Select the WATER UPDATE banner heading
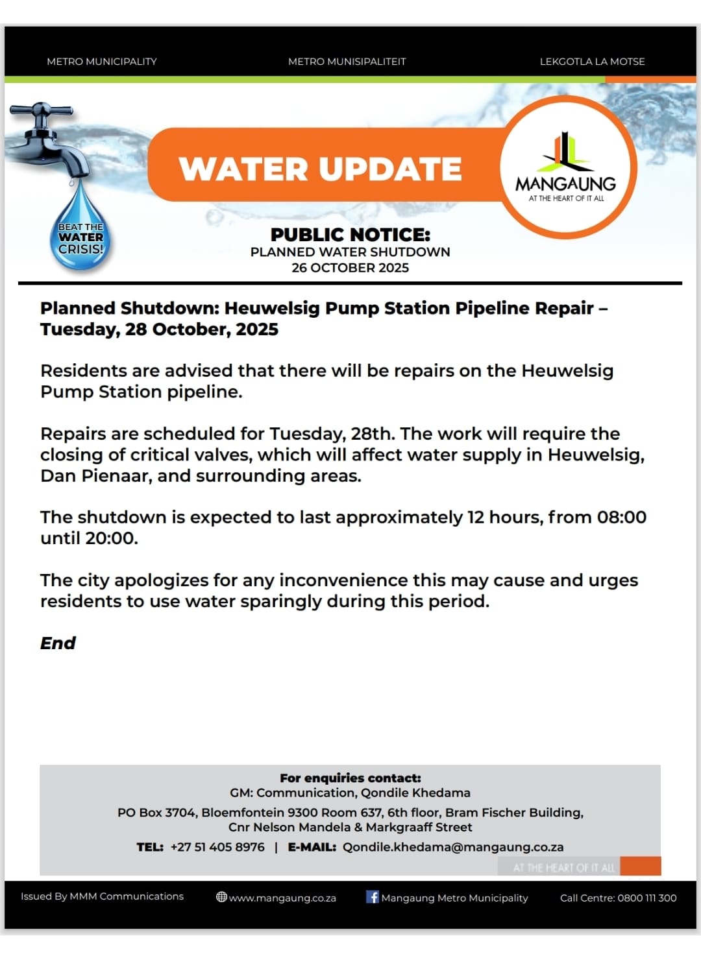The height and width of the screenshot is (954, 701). coord(320,169)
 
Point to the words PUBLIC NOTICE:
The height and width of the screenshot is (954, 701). coord(350,234)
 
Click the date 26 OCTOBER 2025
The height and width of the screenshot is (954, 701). coord(350,268)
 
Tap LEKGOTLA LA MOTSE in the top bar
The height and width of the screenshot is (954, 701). coord(592,62)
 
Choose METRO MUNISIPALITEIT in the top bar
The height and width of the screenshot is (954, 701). coord(347,62)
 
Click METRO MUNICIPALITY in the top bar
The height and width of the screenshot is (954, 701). coord(102,62)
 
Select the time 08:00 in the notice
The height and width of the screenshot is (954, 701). coord(621,517)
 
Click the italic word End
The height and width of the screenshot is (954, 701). coord(58,643)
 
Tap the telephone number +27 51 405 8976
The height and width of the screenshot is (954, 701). coord(217,847)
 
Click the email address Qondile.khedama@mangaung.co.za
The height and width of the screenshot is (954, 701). coord(453,847)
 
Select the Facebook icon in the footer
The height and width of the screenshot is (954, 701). coord(373,897)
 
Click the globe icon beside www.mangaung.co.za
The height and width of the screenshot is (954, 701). coord(221,898)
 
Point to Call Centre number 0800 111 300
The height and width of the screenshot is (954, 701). coord(646,898)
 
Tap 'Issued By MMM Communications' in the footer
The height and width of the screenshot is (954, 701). coord(102,896)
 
